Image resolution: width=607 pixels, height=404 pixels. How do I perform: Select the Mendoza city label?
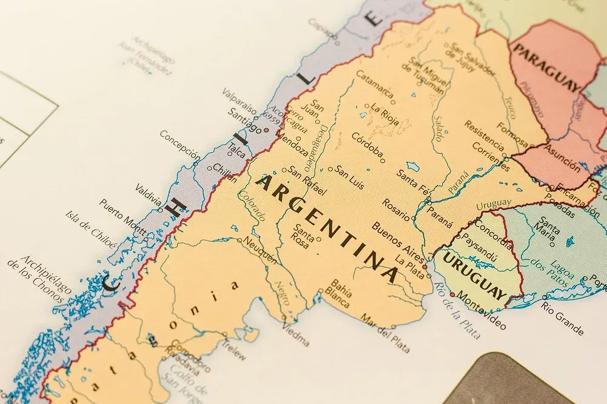(x=293, y=145)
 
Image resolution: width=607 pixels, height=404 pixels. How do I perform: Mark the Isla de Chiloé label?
(x=90, y=230)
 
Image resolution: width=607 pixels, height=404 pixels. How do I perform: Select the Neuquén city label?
(x=261, y=250)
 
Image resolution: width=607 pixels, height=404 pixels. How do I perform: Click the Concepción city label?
(x=179, y=145)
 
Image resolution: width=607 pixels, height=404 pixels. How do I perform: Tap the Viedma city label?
(x=295, y=333)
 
